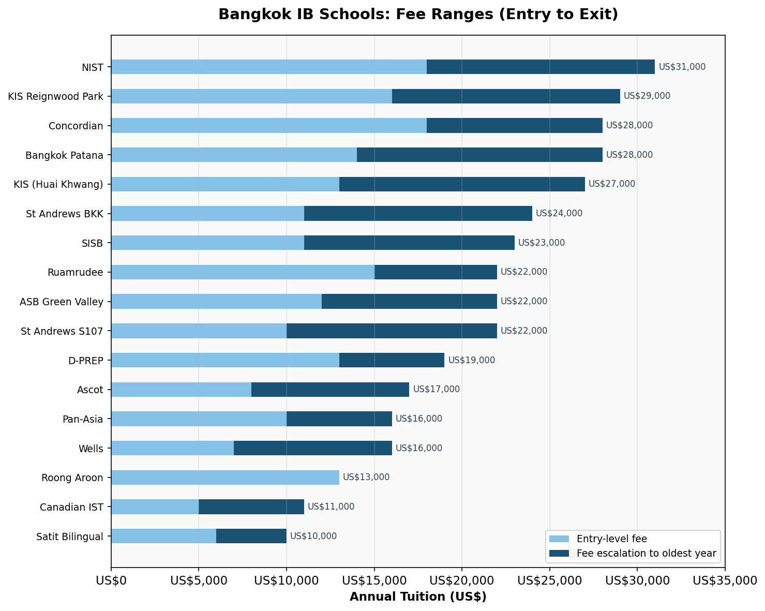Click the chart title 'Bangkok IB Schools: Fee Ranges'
click(418, 14)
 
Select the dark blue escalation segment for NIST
click(541, 67)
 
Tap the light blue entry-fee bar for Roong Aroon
click(225, 478)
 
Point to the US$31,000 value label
click(682, 67)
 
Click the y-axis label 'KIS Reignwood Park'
click(55, 96)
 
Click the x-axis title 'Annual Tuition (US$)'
click(418, 597)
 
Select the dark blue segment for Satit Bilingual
click(251, 536)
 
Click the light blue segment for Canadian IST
click(155, 506)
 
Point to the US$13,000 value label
click(366, 478)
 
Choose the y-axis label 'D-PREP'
click(86, 360)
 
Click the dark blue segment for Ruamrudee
click(436, 272)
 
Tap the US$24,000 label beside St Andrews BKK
click(559, 213)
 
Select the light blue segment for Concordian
click(268, 125)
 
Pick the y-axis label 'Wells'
click(91, 448)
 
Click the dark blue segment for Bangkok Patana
click(479, 155)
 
